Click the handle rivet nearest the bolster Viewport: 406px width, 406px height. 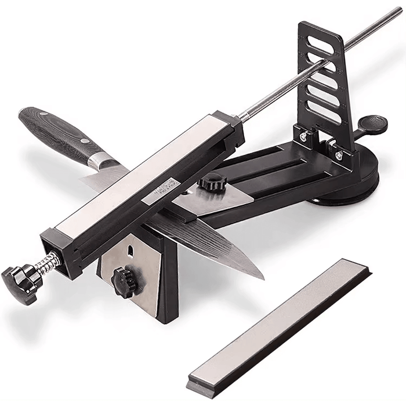tap(85, 141)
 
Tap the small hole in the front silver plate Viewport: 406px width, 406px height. tap(130, 250)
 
